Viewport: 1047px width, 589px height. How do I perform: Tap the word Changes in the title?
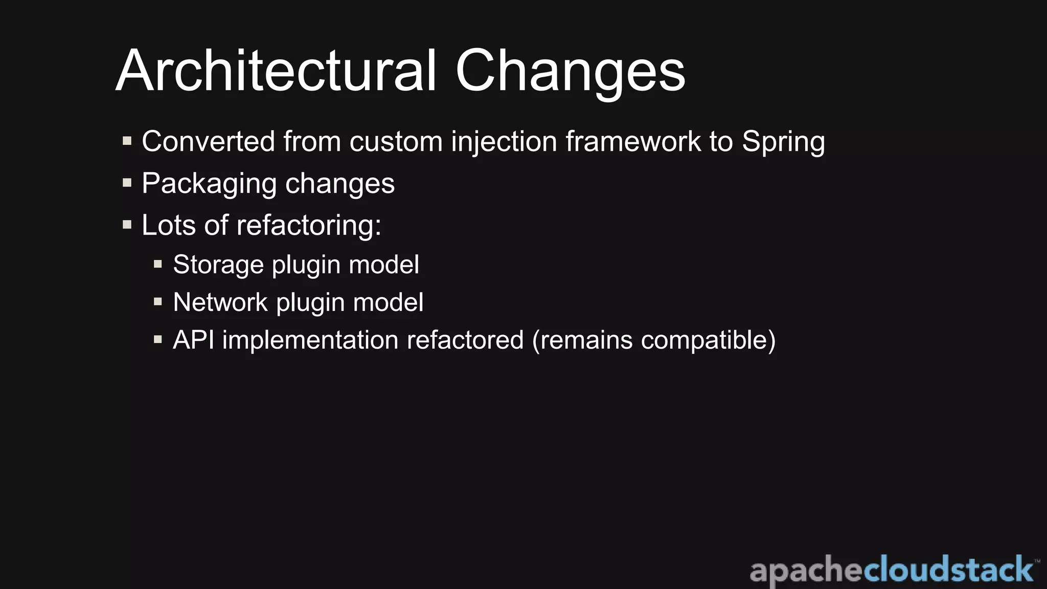tap(570, 72)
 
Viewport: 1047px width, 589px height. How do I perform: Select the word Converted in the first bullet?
tap(208, 141)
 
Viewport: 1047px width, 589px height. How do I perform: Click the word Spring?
tap(783, 142)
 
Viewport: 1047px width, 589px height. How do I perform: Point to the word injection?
tap(504, 142)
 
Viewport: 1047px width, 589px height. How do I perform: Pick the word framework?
tap(633, 141)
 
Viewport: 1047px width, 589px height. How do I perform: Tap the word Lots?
tap(168, 225)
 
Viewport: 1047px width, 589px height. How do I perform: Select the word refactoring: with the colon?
tap(309, 225)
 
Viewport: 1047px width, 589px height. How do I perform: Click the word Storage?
tap(218, 265)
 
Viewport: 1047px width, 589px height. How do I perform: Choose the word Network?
tap(220, 302)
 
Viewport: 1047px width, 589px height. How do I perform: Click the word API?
tap(193, 340)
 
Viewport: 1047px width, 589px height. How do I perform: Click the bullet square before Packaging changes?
tap(127, 183)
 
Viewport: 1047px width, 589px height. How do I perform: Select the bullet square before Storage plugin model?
tap(158, 264)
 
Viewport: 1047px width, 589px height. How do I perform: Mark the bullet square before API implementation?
tap(158, 339)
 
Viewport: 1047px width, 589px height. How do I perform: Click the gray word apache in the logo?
tap(806, 571)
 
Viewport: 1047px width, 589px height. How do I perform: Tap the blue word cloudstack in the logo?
tap(948, 570)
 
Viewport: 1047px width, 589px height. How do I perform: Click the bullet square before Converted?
tap(127, 141)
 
